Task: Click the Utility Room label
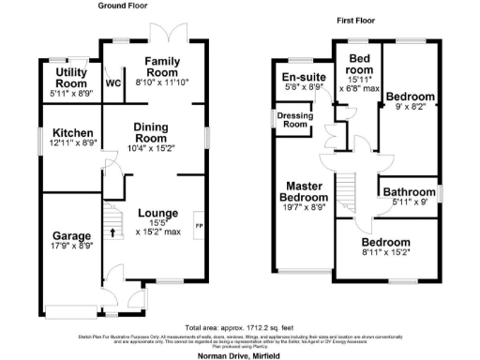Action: (x=70, y=77)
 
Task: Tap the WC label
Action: (x=114, y=82)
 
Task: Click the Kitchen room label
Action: (x=71, y=133)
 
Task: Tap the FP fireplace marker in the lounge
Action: (x=198, y=227)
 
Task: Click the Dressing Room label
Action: (x=294, y=120)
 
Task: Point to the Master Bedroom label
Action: (x=307, y=191)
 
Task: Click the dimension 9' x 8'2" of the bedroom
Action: (x=412, y=107)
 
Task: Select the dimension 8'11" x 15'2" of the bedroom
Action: (x=392, y=252)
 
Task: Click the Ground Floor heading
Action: (x=124, y=7)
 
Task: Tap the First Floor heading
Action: (x=362, y=19)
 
